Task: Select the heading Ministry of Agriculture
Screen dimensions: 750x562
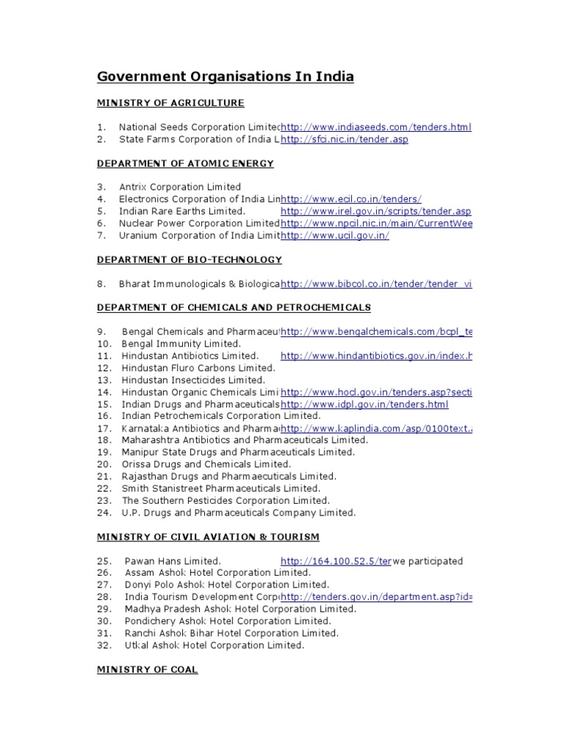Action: click(171, 103)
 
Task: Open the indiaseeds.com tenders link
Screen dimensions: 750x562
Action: click(376, 127)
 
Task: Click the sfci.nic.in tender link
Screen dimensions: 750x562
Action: click(344, 139)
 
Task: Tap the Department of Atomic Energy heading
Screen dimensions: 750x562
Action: click(186, 163)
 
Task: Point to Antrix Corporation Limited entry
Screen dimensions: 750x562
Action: click(180, 187)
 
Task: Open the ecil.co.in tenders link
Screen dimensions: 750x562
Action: click(351, 199)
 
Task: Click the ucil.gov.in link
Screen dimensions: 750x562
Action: click(334, 235)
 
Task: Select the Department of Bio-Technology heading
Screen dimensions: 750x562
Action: click(190, 259)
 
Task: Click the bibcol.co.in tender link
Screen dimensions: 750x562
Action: click(376, 283)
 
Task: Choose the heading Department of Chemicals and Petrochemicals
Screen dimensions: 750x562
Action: click(234, 308)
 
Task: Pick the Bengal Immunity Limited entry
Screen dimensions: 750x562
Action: click(181, 344)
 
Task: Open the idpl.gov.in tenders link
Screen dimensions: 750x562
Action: click(364, 404)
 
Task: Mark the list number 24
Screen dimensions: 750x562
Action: click(104, 513)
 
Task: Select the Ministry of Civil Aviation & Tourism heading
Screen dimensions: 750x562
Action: click(209, 537)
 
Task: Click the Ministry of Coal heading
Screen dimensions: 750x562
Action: click(148, 669)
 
